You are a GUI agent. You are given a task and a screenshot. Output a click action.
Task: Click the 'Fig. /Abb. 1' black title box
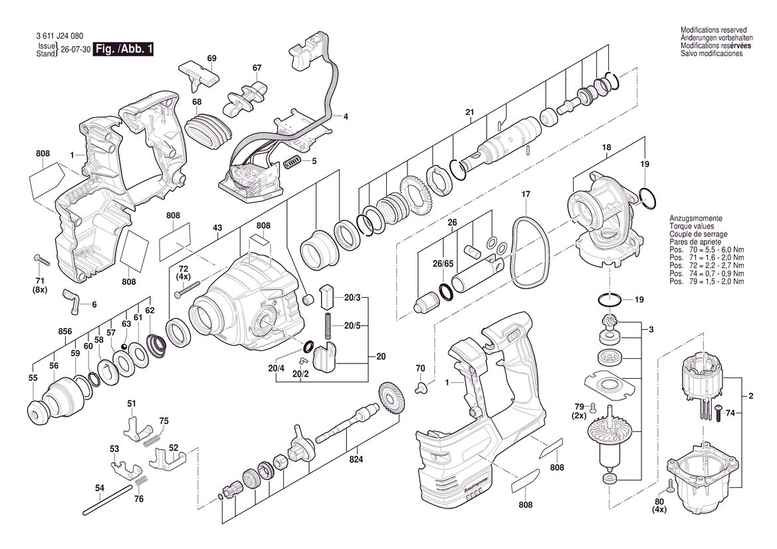124,49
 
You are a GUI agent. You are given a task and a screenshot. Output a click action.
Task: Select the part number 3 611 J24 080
59,36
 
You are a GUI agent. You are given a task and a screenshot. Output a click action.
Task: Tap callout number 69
211,58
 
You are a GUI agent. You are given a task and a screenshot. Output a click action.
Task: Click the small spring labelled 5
292,162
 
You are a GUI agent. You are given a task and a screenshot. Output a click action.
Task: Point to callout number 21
470,112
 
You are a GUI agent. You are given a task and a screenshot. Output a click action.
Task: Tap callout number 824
356,459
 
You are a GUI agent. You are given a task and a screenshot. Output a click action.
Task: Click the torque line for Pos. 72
707,266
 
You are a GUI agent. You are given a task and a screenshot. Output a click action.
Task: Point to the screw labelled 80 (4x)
669,485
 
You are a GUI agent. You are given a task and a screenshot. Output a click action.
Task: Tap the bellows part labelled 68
209,130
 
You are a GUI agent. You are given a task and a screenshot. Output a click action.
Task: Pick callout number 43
217,227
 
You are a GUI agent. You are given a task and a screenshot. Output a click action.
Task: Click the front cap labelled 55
38,411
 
